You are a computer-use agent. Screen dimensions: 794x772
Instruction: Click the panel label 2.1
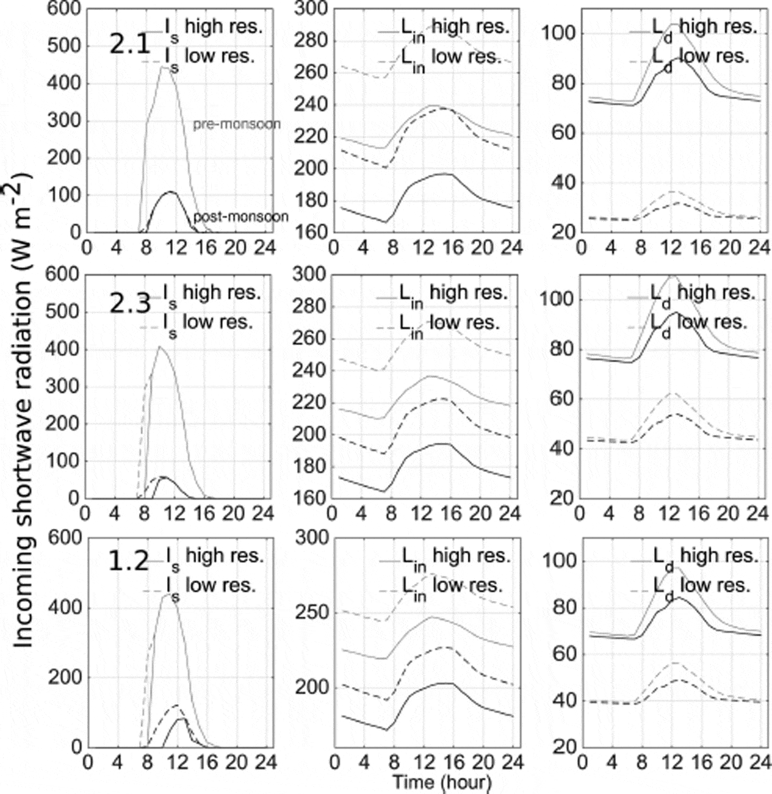[x=130, y=45]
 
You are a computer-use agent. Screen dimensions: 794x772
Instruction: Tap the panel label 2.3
[x=130, y=304]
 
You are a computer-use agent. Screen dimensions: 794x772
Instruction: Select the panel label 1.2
[x=129, y=561]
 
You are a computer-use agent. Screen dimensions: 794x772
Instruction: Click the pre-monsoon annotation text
[x=237, y=125]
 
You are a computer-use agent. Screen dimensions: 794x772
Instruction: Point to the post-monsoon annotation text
[x=240, y=217]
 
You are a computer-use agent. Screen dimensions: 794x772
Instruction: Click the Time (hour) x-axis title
[x=441, y=782]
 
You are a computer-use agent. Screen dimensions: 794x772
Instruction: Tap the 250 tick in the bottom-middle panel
[x=312, y=613]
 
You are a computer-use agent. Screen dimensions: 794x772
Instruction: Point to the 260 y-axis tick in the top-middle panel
[x=311, y=73]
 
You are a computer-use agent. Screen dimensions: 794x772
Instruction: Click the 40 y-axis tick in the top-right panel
[x=560, y=183]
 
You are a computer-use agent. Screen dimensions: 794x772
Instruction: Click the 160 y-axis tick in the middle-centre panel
[x=311, y=498]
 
